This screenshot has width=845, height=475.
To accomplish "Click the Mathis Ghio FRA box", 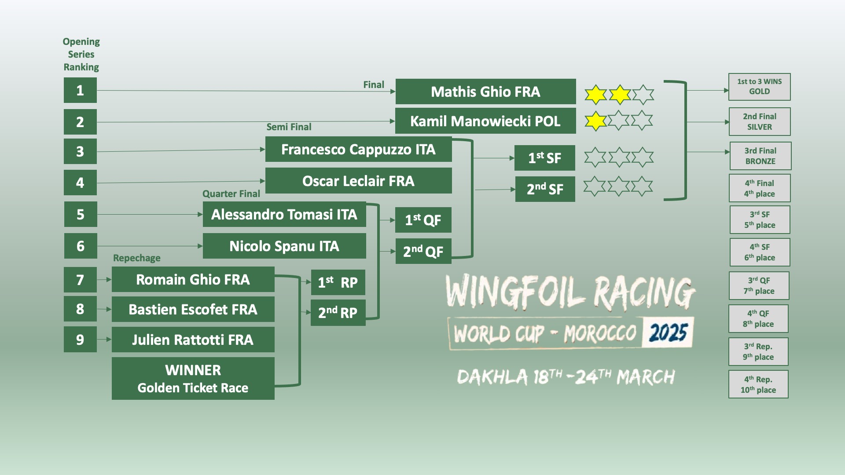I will (485, 91).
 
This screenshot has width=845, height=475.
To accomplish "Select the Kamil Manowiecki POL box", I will (485, 121).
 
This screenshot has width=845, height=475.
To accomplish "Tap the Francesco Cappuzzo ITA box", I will (358, 150).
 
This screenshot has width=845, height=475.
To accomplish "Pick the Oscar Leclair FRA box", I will (358, 181).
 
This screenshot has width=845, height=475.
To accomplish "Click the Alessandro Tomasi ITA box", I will (284, 215).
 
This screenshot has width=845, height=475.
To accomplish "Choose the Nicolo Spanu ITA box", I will (284, 246).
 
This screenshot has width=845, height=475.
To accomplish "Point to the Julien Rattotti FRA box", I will (193, 340).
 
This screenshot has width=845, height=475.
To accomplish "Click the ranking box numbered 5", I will (81, 214).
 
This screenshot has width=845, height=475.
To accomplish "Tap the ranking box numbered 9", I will (80, 340).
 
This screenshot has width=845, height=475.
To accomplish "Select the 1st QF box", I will (423, 220).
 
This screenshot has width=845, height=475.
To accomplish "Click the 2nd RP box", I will (338, 313).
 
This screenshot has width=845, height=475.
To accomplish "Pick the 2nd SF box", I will (545, 189).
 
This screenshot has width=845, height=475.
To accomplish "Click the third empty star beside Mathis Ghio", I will (643, 94).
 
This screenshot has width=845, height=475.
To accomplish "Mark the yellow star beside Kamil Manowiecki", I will (595, 121).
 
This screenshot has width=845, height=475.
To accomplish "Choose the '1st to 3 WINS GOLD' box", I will (760, 87).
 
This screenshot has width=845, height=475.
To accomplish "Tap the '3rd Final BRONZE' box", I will (760, 156).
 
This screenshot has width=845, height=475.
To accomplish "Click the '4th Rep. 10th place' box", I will (758, 384).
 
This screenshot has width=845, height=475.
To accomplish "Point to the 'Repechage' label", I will (136, 258).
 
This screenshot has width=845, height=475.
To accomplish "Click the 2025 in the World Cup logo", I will (668, 332).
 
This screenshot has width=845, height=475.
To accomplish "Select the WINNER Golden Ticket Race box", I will (193, 379).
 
